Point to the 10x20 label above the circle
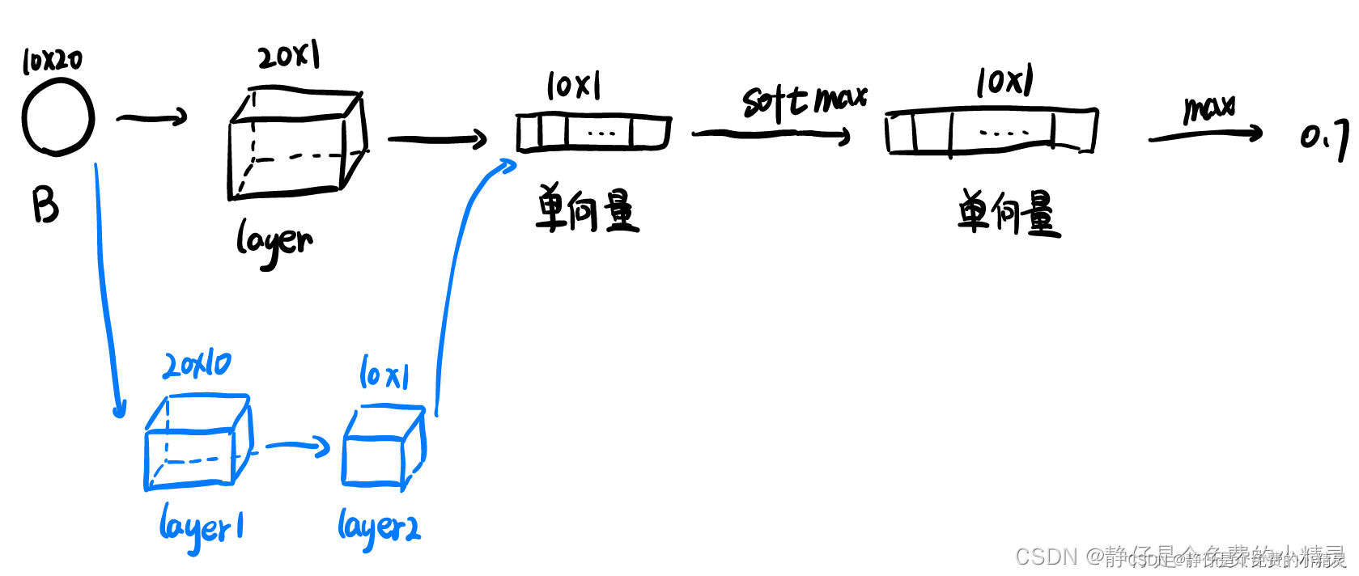pos(52,61)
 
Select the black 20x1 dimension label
pos(289,56)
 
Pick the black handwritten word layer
pos(274,242)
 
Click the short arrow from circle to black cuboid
pos(152,118)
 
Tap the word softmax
pos(804,100)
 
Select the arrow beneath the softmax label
pos(771,134)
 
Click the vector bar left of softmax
pos(593,133)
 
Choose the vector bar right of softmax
pos(992,130)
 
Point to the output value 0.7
pos(1324,138)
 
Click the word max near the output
pos(1209,108)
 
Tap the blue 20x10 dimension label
pos(197,365)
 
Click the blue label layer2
pos(379,527)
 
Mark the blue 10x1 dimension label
pos(384,373)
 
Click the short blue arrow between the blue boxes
pos(297,446)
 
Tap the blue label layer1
pos(202,527)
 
